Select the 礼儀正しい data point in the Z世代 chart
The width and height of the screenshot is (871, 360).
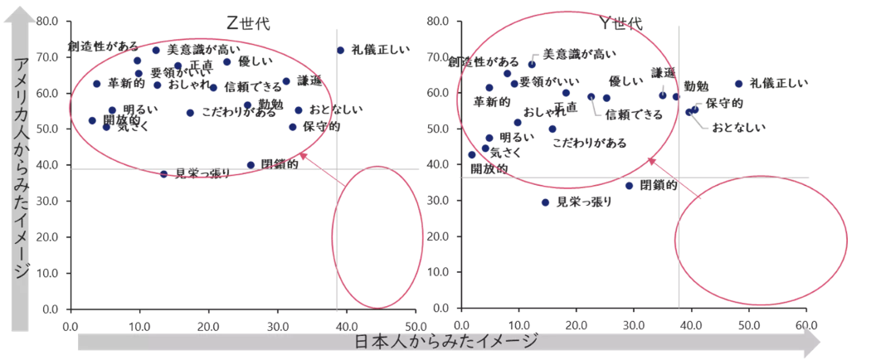[x=340, y=50]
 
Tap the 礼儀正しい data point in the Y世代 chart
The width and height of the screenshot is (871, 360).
[x=738, y=84]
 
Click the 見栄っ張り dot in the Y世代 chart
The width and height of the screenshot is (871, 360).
[x=545, y=202]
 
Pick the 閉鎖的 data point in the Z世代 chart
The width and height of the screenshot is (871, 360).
[x=251, y=165]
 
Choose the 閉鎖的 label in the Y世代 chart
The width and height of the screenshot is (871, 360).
[x=658, y=185]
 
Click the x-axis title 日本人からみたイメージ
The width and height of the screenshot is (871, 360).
[x=446, y=342]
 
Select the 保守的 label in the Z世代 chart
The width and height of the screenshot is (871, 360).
[x=321, y=127]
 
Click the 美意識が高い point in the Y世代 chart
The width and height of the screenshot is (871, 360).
[x=532, y=64]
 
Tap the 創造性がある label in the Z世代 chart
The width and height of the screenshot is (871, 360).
[x=103, y=47]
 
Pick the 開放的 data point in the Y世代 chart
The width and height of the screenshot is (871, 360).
[x=472, y=154]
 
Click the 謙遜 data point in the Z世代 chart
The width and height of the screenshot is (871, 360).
[x=286, y=81]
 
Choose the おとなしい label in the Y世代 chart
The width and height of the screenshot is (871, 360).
[x=738, y=128]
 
